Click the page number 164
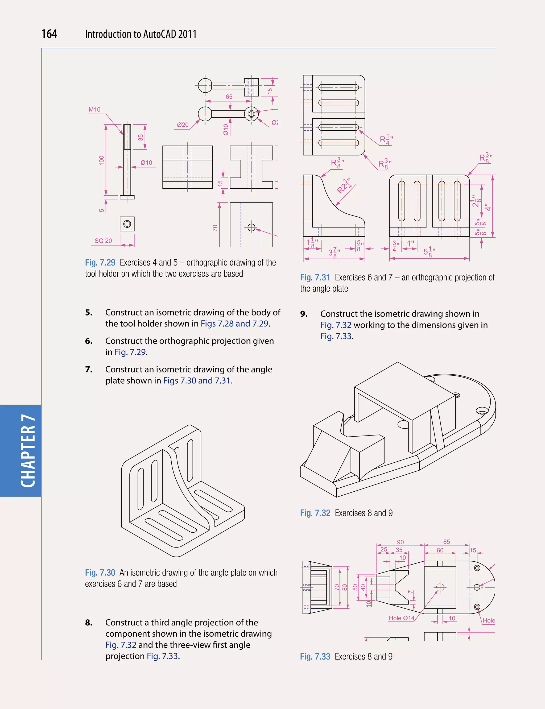[49, 34]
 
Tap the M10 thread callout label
[94, 110]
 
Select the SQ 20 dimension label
[103, 241]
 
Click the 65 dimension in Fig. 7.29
[229, 97]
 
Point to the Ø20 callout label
[183, 125]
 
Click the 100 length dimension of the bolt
[102, 160]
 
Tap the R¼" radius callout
[386, 140]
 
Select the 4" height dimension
[488, 207]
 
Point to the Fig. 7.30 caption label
[100, 573]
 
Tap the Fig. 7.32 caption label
[315, 513]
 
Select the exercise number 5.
[89, 312]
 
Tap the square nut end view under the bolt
[127, 224]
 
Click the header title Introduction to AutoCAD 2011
[141, 34]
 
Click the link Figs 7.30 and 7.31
[197, 380]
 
